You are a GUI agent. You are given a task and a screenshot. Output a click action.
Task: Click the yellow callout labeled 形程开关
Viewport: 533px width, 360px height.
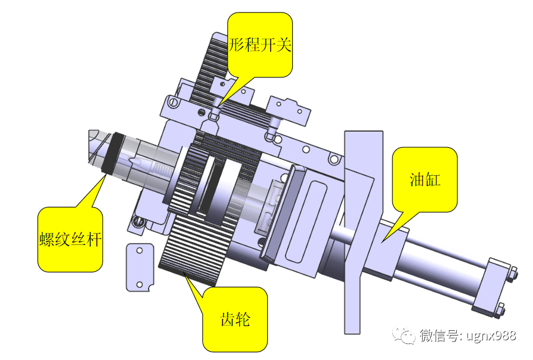pos(261,45)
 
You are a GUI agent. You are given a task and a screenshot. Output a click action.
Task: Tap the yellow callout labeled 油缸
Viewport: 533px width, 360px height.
pos(424,179)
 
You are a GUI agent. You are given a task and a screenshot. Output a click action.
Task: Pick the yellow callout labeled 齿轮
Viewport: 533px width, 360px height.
pos(235,319)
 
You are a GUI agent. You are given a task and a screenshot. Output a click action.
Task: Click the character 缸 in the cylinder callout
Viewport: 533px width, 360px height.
pos(433,179)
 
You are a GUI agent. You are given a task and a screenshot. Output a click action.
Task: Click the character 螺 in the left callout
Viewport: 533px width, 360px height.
pos(47,240)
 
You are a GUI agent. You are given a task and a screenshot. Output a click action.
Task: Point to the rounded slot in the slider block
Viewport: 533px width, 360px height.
pos(309,221)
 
